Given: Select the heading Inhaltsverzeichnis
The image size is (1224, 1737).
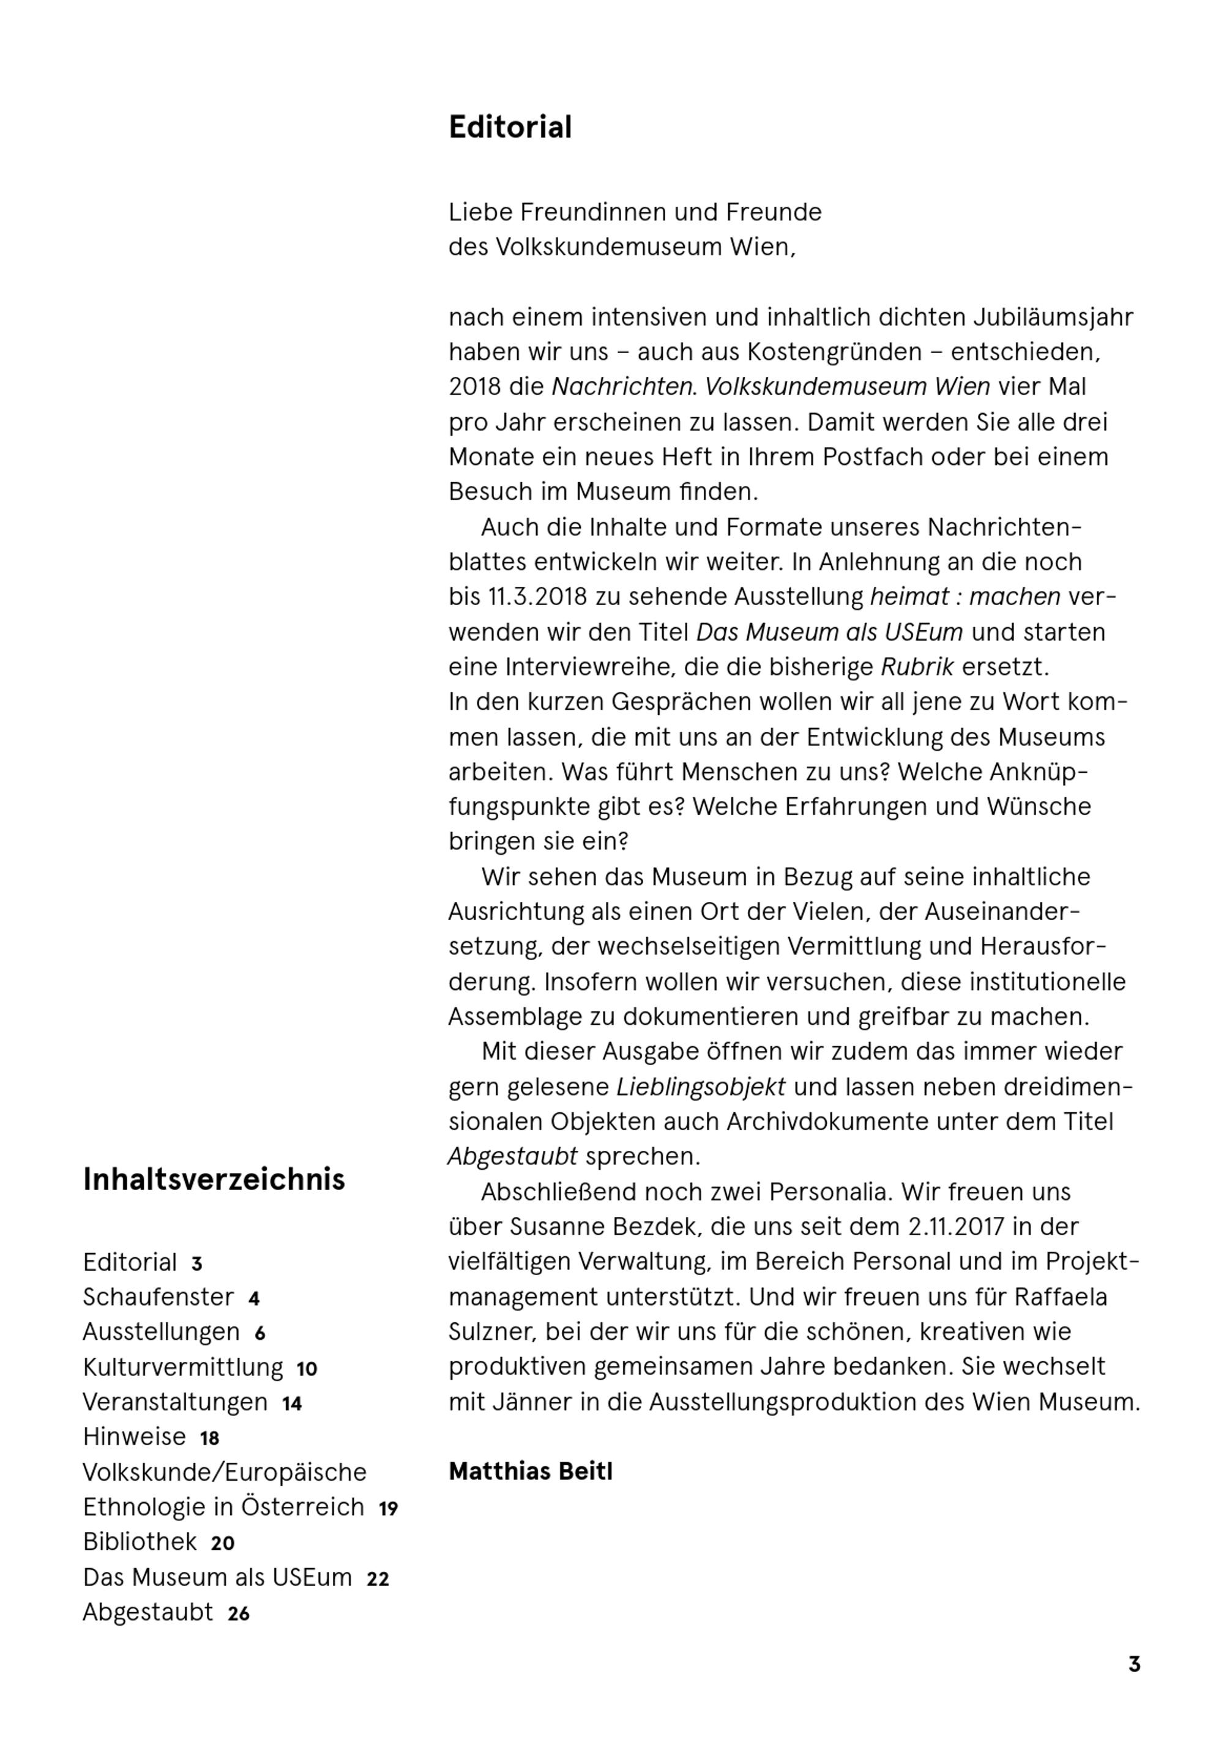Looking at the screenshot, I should click(214, 1180).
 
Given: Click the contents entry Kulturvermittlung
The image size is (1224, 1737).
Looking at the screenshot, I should click(182, 1367).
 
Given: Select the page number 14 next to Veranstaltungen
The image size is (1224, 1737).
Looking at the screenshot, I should click(291, 1404).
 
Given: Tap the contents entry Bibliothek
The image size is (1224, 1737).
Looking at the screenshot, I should click(140, 1542).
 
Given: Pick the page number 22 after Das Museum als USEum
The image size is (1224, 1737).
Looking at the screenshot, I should click(378, 1579).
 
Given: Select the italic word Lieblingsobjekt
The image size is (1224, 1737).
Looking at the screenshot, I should click(701, 1087).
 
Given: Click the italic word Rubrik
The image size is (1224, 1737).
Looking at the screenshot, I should click(917, 668).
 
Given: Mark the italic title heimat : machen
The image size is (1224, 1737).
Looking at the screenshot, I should click(965, 597).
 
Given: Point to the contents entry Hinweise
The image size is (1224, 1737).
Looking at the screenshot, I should click(134, 1437).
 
